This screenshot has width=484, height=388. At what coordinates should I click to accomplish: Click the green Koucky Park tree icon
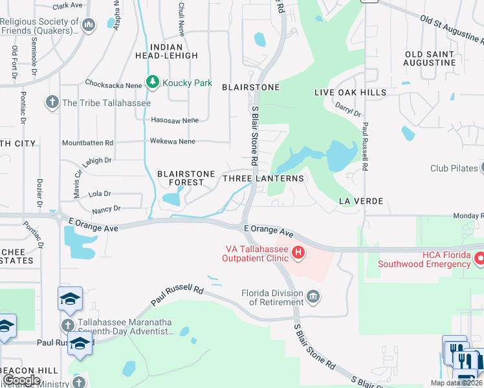[153, 82]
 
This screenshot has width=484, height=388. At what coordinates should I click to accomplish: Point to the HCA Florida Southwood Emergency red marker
[480, 258]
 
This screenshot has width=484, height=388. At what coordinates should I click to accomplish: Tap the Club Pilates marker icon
[481, 168]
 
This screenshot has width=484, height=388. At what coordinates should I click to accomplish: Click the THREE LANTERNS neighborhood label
[263, 178]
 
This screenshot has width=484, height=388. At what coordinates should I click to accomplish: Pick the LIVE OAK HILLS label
[350, 92]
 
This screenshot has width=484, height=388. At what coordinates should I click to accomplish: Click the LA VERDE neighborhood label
[361, 202]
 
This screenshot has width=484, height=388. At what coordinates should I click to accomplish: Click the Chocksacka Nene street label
[114, 83]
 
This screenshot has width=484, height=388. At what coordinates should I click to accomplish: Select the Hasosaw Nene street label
[174, 120]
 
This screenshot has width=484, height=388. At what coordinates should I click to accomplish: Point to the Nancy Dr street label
[106, 209]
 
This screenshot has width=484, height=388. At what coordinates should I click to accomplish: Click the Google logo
[22, 381]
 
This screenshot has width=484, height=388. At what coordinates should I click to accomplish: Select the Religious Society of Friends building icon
[90, 25]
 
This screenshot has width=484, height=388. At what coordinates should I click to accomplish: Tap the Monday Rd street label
[468, 216]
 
